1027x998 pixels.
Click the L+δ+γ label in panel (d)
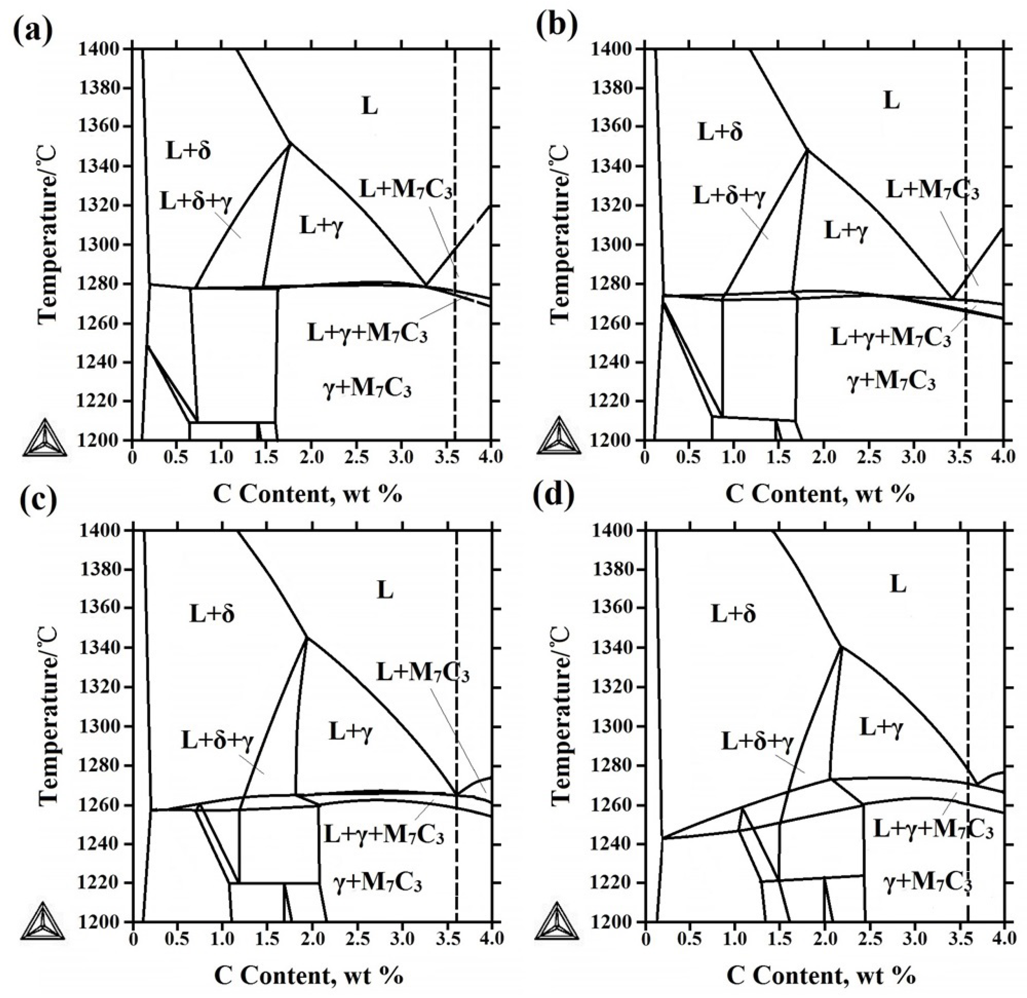pyautogui.click(x=758, y=742)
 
